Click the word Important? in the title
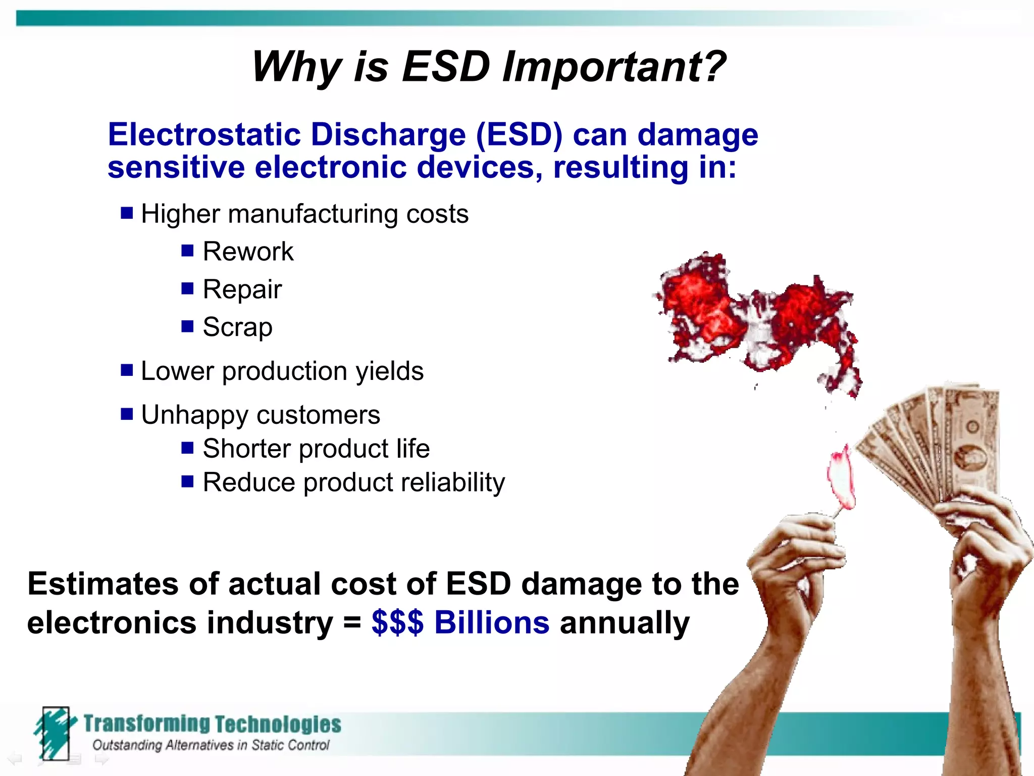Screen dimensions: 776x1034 614,67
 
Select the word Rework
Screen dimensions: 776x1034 247,252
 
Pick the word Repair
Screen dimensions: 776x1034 242,289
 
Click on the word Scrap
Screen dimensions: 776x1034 237,327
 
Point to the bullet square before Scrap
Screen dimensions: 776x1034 187,326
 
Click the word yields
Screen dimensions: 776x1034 389,371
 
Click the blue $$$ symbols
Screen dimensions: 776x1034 397,622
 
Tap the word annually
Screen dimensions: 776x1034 625,622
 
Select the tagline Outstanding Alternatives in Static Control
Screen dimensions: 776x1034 211,745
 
